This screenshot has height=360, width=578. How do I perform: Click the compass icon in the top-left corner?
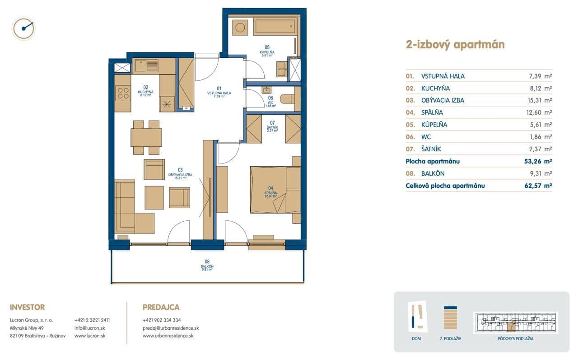click(24, 28)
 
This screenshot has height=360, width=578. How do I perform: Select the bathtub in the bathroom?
click(275, 27)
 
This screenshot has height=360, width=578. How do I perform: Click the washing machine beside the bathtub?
click(239, 27)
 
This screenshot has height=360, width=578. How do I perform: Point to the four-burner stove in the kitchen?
click(123, 94)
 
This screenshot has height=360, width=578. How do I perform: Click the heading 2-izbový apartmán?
click(455, 44)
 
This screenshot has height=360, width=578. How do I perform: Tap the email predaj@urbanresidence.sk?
click(170, 328)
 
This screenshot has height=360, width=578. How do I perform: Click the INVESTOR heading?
click(27, 307)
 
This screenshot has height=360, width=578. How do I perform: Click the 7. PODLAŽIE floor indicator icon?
click(451, 318)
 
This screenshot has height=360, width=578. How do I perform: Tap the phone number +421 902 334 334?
click(161, 320)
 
